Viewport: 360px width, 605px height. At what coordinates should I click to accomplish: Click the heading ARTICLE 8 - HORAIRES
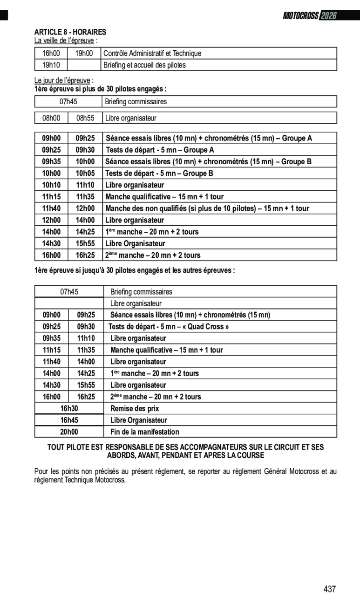pos(70,32)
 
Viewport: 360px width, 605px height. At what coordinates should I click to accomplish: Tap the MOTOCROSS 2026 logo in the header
pos(309,15)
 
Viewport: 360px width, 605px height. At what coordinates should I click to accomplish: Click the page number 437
pos(329,589)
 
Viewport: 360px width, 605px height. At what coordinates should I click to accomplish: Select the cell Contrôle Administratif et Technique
pos(152,54)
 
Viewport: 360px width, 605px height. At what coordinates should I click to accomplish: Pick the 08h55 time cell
pos(85,118)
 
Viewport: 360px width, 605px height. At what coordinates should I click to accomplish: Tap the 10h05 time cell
pos(85,174)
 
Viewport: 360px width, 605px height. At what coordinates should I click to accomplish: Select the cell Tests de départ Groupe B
pos(159,174)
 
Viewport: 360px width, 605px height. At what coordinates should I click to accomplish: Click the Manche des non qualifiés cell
pos(207,208)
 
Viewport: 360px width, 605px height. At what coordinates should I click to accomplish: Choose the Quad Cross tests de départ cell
pos(169,327)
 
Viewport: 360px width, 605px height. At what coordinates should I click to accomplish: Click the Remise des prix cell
pos(135,409)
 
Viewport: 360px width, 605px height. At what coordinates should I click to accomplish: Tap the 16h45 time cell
pos(69,420)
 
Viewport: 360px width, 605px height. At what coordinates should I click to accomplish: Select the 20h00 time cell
pos(69,432)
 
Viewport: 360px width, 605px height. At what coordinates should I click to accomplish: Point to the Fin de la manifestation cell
pos(144,432)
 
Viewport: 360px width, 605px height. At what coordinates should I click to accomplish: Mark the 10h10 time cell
pos(51,185)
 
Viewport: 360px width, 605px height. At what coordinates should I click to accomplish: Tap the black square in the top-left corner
pos(4,15)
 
